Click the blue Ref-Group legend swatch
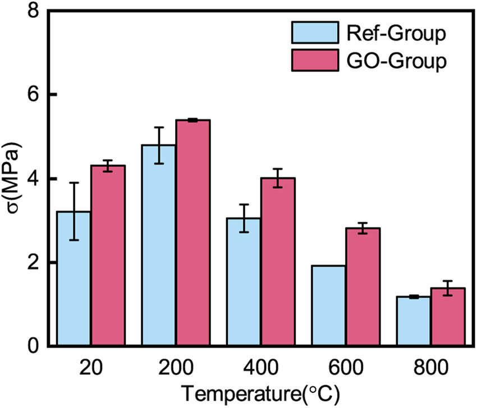315,33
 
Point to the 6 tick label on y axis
34,94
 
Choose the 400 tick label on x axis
261,368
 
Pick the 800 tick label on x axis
431,368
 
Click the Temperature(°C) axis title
261,393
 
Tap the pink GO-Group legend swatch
315,60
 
